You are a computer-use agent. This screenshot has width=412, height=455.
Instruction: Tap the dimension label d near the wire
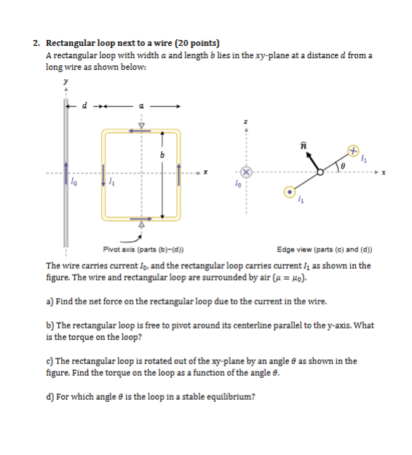[84, 105]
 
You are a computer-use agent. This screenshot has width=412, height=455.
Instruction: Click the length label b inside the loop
[163, 155]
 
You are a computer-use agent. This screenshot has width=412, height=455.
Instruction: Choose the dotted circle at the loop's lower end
[290, 193]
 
